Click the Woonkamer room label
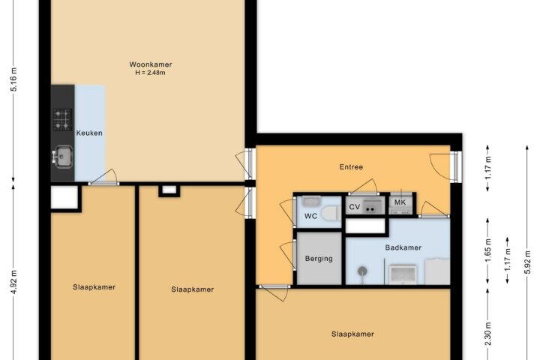pyautogui.click(x=151, y=64)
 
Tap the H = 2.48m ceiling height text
pyautogui.click(x=150, y=73)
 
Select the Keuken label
pyautogui.click(x=89, y=133)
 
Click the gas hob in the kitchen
pyautogui.click(x=62, y=119)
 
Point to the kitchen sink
pyautogui.click(x=63, y=157)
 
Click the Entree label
pyautogui.click(x=351, y=167)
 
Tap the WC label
pyautogui.click(x=310, y=216)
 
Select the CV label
pyautogui.click(x=354, y=207)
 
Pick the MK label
pyautogui.click(x=400, y=202)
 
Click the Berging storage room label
pyautogui.click(x=319, y=258)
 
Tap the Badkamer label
pyautogui.click(x=403, y=247)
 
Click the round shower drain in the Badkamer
pyautogui.click(x=362, y=271)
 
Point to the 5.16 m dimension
pyautogui.click(x=14, y=79)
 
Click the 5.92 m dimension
pyautogui.click(x=527, y=262)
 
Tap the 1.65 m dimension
pyautogui.click(x=488, y=250)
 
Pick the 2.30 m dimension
pyautogui.click(x=488, y=334)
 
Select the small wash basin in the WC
pyautogui.click(x=312, y=201)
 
